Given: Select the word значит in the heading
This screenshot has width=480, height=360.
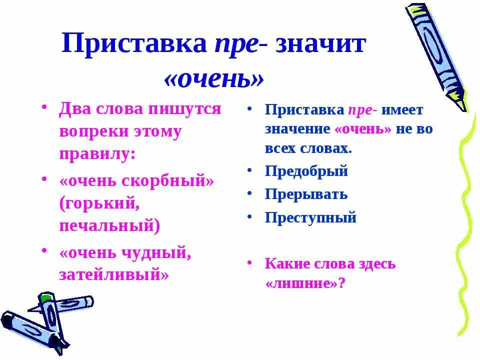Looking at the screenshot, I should click(321, 44).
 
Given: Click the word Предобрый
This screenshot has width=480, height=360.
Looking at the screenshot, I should click(306, 171).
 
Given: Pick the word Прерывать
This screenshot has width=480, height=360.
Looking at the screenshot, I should click(306, 194).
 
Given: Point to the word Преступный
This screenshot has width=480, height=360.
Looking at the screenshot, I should click(310, 218).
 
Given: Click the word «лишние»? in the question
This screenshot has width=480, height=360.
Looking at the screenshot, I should click(305, 283).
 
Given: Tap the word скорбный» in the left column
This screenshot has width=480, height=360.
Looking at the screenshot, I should click(169, 180).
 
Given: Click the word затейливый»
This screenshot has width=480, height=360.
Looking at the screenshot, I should click(114, 274).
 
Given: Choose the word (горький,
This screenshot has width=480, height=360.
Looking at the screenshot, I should click(97, 203).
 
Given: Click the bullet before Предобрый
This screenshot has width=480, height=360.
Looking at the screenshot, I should click(248, 170).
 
